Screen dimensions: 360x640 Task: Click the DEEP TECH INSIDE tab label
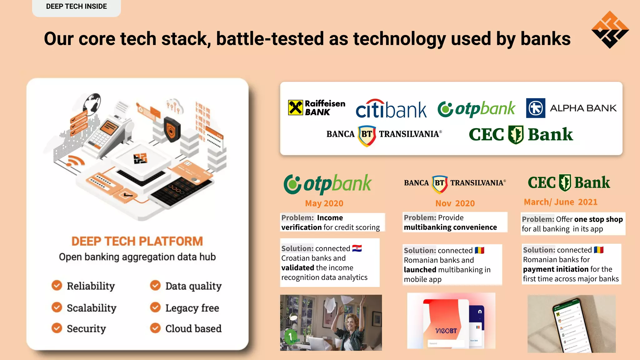tap(76, 7)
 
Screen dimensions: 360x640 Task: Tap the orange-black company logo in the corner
tap(610, 30)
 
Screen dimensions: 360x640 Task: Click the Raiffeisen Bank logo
tap(316, 108)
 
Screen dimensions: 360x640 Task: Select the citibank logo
tap(391, 109)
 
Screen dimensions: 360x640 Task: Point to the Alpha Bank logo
tap(571, 108)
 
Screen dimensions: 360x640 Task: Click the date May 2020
tap(324, 203)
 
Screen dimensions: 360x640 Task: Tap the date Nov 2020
tap(455, 203)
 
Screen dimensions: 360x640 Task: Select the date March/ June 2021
tap(560, 202)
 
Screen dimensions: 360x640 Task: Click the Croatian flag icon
tap(357, 248)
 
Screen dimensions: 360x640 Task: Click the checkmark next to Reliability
tap(57, 285)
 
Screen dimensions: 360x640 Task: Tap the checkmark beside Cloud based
tap(155, 328)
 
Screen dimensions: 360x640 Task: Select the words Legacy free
tap(192, 308)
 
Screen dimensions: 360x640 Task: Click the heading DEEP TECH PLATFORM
tap(137, 241)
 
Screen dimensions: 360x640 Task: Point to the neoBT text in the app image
tap(446, 331)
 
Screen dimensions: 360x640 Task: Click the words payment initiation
tap(556, 269)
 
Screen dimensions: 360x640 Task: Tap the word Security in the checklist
tap(86, 328)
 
